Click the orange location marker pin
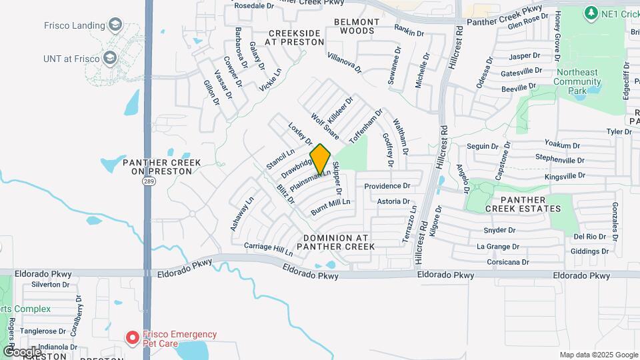pos(321,159)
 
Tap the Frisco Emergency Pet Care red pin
pos(133,338)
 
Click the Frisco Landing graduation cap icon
pos(115,26)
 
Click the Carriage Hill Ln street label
pos(269,249)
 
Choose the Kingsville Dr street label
pos(564,176)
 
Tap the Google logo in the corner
pos(21,351)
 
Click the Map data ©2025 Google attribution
pos(597,355)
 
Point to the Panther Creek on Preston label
pos(157,166)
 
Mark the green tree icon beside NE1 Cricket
pos(590,13)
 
